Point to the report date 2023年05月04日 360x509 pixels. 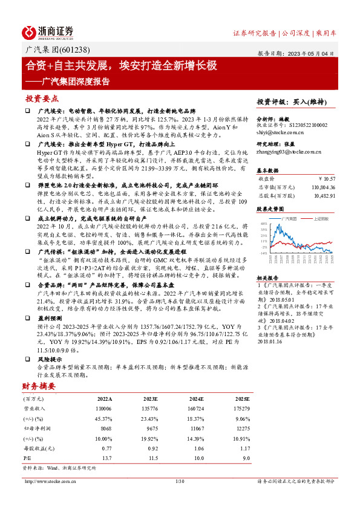pyautogui.click(x=312, y=53)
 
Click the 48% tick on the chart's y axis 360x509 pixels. pyautogui.click(x=264, y=224)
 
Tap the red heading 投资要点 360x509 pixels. pyautogui.click(x=42, y=98)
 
